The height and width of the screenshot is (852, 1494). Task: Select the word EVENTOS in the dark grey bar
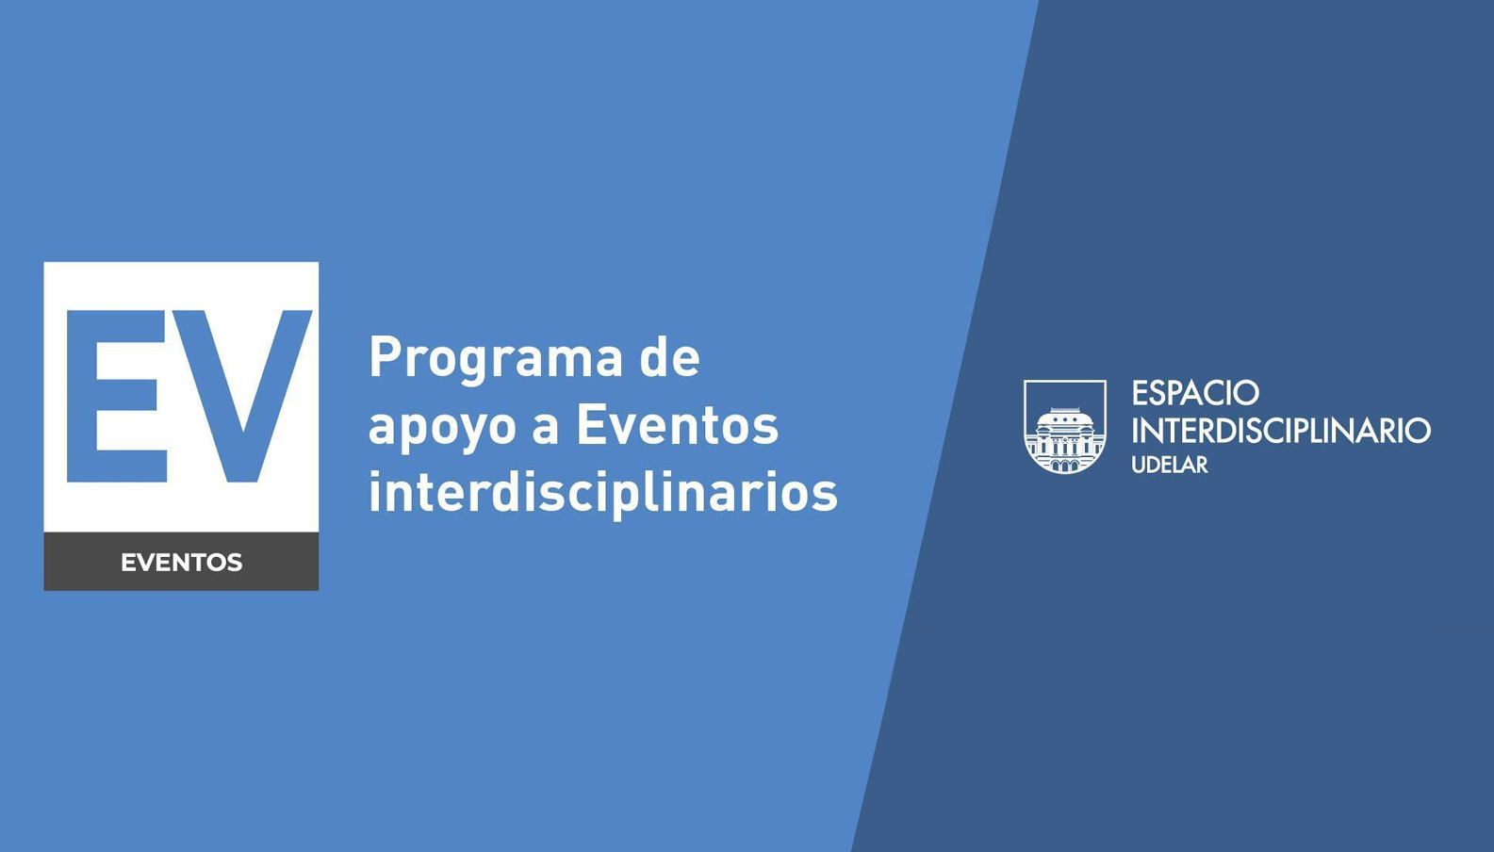pos(181,563)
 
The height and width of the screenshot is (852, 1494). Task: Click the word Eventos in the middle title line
pos(678,425)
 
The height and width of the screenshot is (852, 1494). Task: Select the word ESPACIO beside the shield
pos(1195,393)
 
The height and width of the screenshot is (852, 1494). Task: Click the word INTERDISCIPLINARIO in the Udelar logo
pos(1281,430)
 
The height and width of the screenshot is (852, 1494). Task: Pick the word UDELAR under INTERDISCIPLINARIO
pos(1170,465)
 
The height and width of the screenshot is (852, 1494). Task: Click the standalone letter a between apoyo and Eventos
pos(545,430)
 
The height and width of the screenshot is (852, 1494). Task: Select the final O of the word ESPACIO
pos(1245,393)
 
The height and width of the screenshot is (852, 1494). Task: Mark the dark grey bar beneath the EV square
pos(181,562)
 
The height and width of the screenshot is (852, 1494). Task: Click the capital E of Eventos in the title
pos(592,425)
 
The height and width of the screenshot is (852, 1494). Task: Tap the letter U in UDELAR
pos(1140,465)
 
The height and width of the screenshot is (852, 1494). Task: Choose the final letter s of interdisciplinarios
pos(825,497)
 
